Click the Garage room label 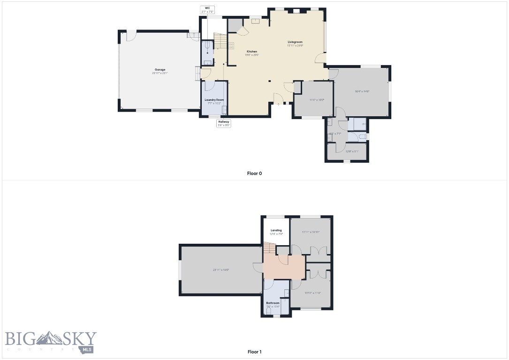pos(160,69)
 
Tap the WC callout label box pos(207,9)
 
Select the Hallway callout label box pos(224,123)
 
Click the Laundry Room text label pos(214,100)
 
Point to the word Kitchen pos(252,51)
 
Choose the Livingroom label pos(295,42)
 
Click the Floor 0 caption pos(254,173)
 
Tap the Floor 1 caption pos(254,352)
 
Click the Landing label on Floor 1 pos(276,230)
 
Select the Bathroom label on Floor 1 pos(273,303)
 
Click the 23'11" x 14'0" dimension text pos(220,270)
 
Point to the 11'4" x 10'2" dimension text pos(317,100)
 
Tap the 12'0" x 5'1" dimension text pos(352,151)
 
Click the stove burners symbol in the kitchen pos(231,45)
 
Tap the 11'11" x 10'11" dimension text pos(311,232)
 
